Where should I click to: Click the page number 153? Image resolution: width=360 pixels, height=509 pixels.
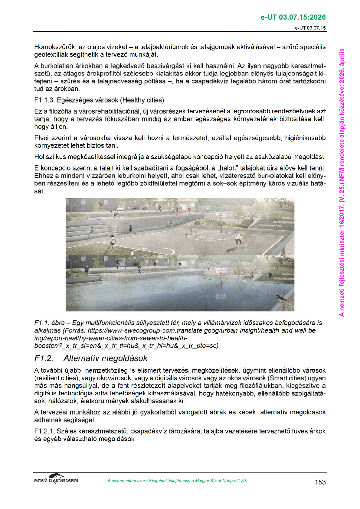[x=320, y=482]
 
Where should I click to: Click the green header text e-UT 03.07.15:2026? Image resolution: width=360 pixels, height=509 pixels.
[x=293, y=17]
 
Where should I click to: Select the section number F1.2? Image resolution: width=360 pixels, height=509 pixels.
[x=44, y=358]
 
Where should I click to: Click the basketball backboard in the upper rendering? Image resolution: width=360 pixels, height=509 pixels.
[x=221, y=215]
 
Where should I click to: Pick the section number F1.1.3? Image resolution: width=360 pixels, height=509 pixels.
[x=44, y=100]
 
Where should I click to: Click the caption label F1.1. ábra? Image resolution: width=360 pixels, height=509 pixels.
[x=49, y=323]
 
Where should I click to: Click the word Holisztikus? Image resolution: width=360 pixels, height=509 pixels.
[x=50, y=157]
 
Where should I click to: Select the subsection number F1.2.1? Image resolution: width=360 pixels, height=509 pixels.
[x=44, y=431]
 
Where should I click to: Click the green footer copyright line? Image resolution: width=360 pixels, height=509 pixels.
[x=177, y=481]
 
